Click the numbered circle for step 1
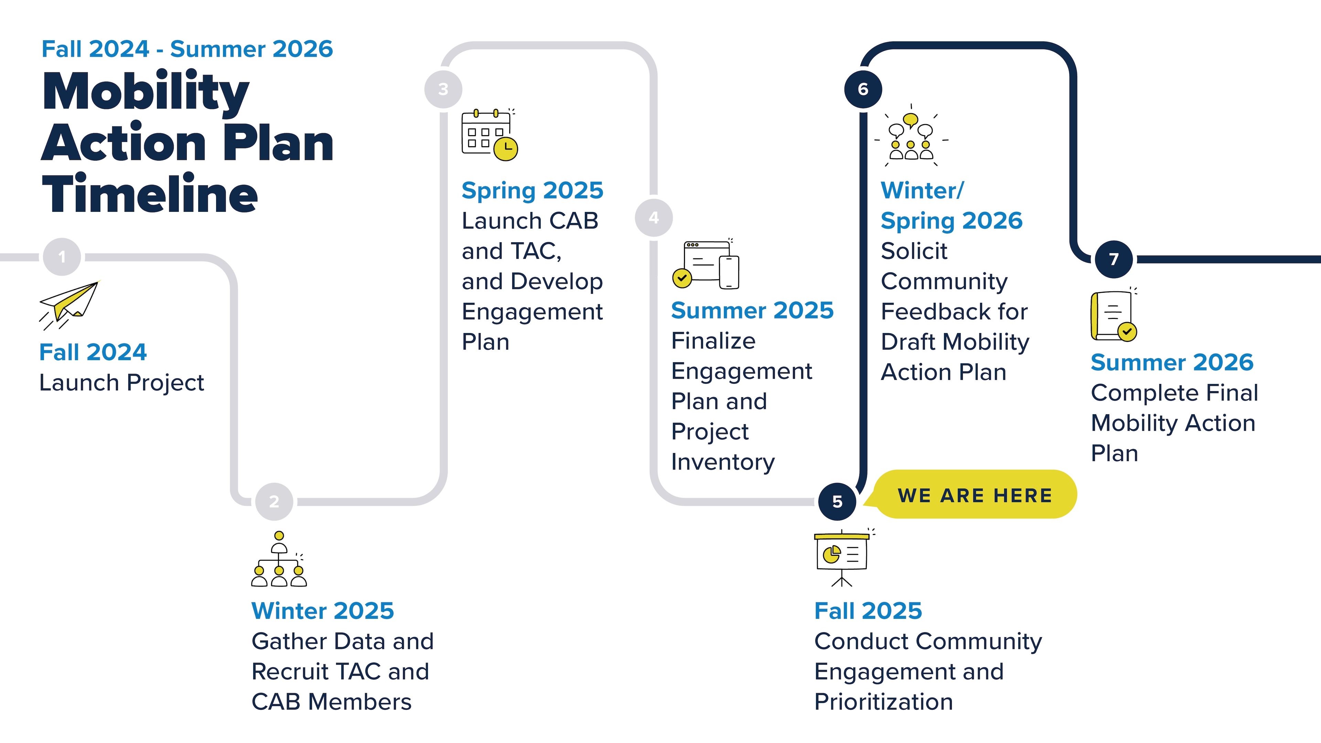pos(62,257)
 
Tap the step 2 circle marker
pos(275,502)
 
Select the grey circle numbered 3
pos(443,89)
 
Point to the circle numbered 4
pos(653,218)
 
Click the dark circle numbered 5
pos(837,502)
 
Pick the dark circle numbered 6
pos(863,89)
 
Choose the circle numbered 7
pos(1113,259)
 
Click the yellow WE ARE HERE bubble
pos(974,495)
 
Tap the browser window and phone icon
pos(706,265)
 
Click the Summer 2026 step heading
pos(1172,363)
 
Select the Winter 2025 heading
pos(323,611)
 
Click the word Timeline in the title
pos(150,193)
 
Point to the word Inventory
pos(722,462)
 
